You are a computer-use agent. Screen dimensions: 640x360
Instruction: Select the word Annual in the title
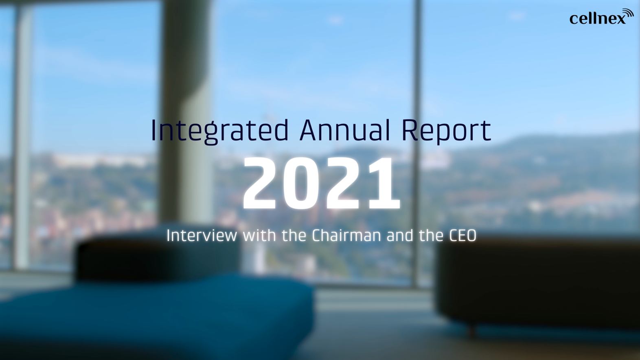click(344, 130)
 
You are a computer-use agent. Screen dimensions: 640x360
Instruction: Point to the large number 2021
click(321, 183)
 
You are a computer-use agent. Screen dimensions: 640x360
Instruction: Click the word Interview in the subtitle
click(202, 236)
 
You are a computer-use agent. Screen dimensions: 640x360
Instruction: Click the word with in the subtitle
click(259, 236)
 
